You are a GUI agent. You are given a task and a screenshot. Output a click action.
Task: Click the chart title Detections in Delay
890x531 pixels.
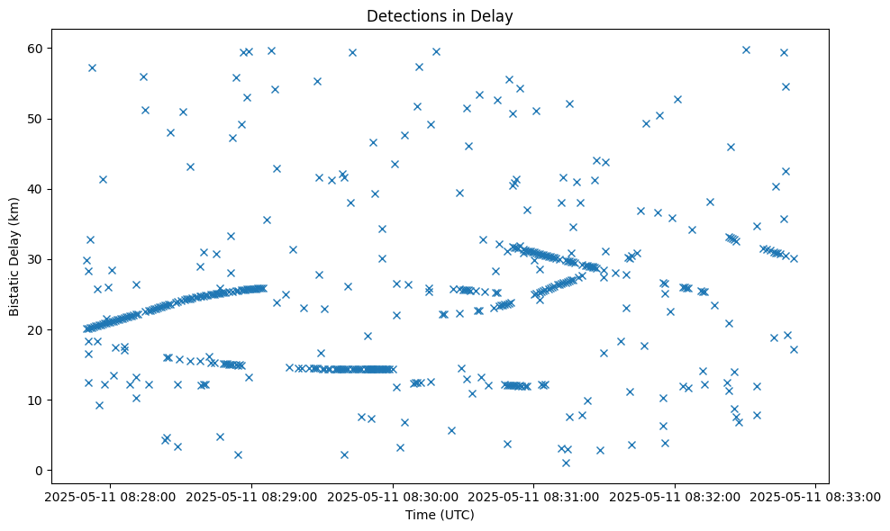(x=440, y=15)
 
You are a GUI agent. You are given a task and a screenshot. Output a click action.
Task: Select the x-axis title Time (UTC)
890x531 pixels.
(x=440, y=515)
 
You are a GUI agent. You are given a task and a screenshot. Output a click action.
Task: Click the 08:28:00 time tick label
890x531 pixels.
(x=111, y=495)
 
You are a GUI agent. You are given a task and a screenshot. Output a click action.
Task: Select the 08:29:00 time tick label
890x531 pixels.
(x=252, y=495)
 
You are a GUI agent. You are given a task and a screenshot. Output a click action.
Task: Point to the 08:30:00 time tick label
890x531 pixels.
(x=393, y=495)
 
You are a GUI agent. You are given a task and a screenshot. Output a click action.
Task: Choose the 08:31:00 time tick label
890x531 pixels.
(x=534, y=495)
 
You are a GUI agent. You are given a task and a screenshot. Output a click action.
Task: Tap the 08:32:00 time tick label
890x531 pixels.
(x=676, y=495)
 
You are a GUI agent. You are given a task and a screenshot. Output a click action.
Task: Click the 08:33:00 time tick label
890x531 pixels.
(x=816, y=495)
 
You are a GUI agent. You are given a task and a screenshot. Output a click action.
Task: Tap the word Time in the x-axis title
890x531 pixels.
(x=420, y=515)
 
